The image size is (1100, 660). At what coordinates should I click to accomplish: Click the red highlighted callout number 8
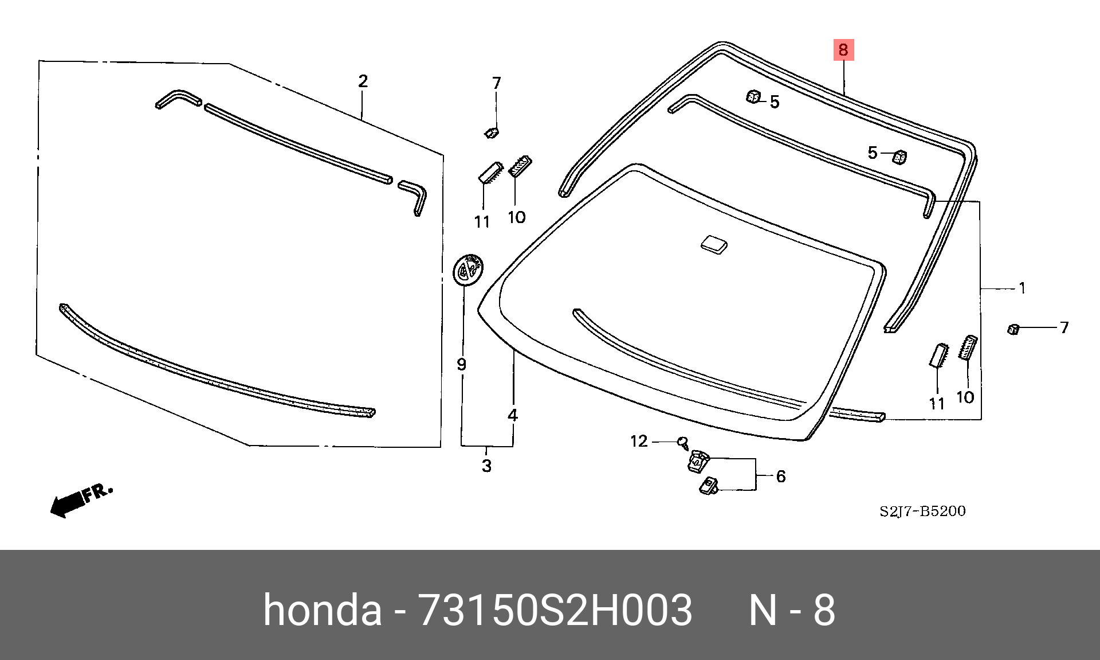click(x=843, y=50)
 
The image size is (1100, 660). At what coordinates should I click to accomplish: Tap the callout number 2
click(x=363, y=81)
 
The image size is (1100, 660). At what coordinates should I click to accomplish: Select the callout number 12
click(x=639, y=441)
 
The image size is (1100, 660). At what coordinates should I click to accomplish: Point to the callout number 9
click(x=461, y=364)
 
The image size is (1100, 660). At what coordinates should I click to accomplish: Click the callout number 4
click(x=513, y=415)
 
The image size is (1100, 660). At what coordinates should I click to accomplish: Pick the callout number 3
click(x=486, y=466)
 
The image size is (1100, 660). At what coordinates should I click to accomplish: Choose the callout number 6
click(x=781, y=477)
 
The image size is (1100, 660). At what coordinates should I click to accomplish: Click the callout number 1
click(x=1023, y=288)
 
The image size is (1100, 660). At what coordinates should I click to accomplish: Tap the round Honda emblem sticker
click(x=469, y=270)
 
